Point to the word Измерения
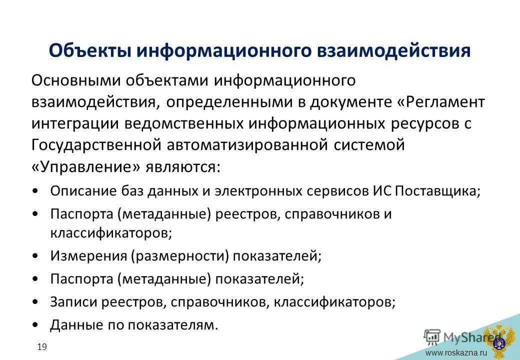(88, 256)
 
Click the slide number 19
(41, 346)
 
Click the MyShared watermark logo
(455, 336)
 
